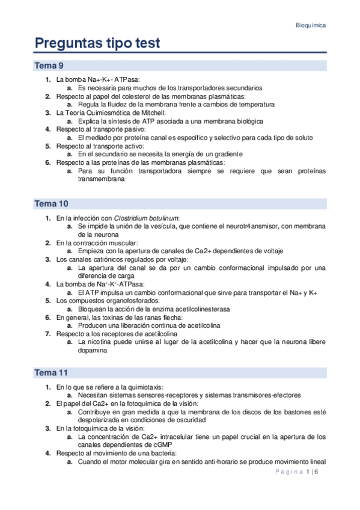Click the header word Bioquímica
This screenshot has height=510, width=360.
(311, 25)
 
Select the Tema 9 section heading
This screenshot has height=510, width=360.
(49, 66)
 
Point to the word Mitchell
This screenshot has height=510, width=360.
(143, 112)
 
